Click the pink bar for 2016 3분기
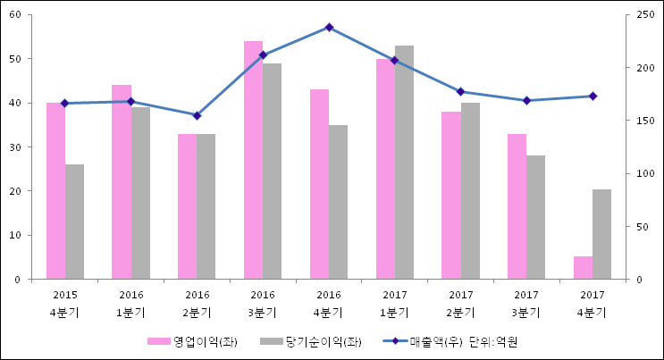tap(253, 161)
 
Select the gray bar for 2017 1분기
tap(404, 163)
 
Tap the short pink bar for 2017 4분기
tap(583, 268)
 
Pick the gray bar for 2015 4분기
tap(74, 222)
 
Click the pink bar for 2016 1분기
tap(122, 182)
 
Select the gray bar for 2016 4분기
tap(338, 202)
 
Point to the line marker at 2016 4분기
tap(329, 28)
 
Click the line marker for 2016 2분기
tap(198, 115)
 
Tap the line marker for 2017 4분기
tap(593, 96)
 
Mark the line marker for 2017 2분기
tap(460, 92)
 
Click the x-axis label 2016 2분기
tap(198, 304)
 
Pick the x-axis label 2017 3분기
tap(526, 304)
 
